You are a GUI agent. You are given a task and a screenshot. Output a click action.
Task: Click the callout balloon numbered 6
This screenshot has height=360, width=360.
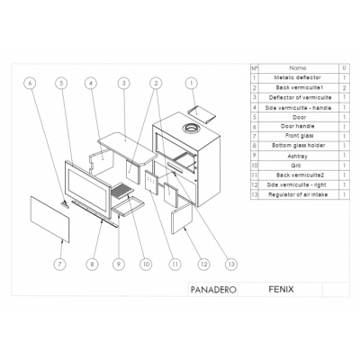30,83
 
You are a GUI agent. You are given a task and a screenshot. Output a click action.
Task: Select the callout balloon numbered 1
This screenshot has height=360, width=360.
190,83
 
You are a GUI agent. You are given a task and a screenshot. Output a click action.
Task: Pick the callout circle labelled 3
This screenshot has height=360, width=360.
121,83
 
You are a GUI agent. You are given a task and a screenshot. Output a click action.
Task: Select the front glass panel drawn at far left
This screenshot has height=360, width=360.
49,220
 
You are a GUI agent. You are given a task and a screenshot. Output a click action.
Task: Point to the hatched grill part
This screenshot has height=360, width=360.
121,191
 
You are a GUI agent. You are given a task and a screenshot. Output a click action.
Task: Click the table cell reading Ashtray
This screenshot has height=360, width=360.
298,155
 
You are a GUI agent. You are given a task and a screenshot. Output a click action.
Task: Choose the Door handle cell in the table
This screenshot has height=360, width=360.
298,126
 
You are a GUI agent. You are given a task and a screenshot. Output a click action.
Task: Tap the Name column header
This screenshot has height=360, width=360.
298,68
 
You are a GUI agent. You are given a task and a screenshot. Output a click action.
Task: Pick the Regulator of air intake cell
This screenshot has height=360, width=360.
298,193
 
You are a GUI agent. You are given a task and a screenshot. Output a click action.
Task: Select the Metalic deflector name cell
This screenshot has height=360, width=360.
298,78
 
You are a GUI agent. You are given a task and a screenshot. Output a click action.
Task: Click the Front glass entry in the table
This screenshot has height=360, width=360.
298,136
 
